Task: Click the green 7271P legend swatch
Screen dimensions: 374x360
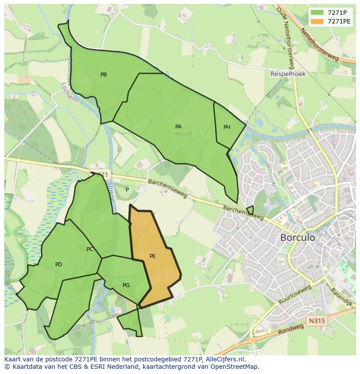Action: [317, 13]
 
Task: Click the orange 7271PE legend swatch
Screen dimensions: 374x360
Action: [317, 21]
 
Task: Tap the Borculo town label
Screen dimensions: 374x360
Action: [298, 238]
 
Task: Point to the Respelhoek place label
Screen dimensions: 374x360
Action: [288, 74]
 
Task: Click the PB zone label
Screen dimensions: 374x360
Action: [103, 75]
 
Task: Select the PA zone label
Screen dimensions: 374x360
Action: [178, 127]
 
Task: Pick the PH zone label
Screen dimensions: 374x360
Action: [227, 127]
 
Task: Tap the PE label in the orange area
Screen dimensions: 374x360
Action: [153, 256]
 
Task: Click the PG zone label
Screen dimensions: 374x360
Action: [126, 285]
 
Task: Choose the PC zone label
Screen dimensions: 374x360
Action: [90, 249]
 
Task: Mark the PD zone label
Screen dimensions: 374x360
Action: [59, 265]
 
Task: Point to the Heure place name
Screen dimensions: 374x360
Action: [183, 134]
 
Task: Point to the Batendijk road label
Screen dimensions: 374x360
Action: [341, 296]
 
